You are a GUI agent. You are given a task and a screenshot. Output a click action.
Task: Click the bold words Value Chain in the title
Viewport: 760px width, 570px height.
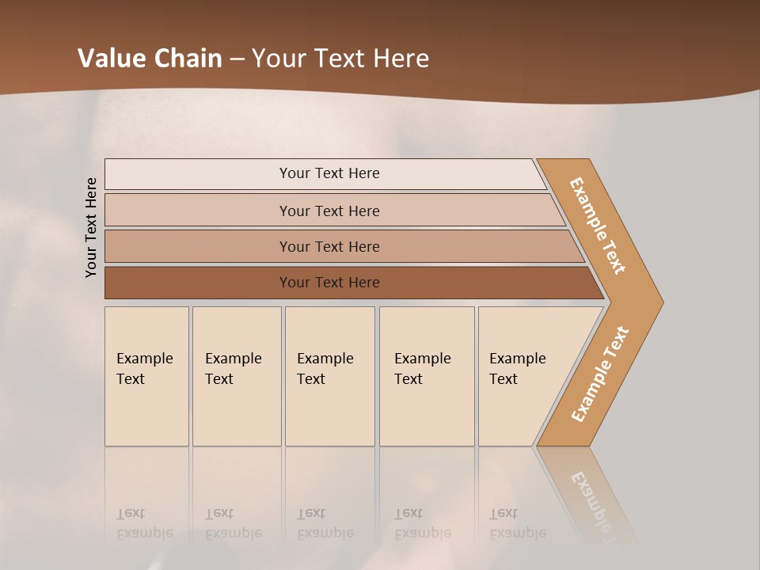coord(150,59)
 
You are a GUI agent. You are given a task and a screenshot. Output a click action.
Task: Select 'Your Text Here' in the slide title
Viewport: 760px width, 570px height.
coord(340,59)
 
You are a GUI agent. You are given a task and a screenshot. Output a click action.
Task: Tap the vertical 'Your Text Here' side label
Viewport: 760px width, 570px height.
coord(91,227)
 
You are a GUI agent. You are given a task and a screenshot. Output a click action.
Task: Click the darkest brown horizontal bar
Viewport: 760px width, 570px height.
coord(198,283)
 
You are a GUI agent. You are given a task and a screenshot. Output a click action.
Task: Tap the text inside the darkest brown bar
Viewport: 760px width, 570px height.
coord(329,283)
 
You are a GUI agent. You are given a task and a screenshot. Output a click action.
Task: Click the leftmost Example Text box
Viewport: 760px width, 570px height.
coord(146,376)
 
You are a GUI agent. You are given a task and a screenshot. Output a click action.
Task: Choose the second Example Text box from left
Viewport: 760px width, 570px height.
coord(237,376)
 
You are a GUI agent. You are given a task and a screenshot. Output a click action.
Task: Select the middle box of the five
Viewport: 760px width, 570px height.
coord(329,376)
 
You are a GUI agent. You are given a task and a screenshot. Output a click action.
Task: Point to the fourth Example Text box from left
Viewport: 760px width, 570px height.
coord(427,376)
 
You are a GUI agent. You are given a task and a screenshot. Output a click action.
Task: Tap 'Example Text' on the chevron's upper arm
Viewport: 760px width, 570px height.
coord(598,226)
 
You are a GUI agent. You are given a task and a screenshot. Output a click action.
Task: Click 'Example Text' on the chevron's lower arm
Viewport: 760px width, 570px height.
coord(600,374)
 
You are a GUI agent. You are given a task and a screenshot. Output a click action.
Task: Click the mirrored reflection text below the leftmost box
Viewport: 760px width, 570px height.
coord(144,524)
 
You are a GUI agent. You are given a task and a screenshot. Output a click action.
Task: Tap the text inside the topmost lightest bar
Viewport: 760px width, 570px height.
coord(329,173)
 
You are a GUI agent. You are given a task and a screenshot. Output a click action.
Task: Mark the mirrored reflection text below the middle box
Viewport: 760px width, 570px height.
coord(325,524)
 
